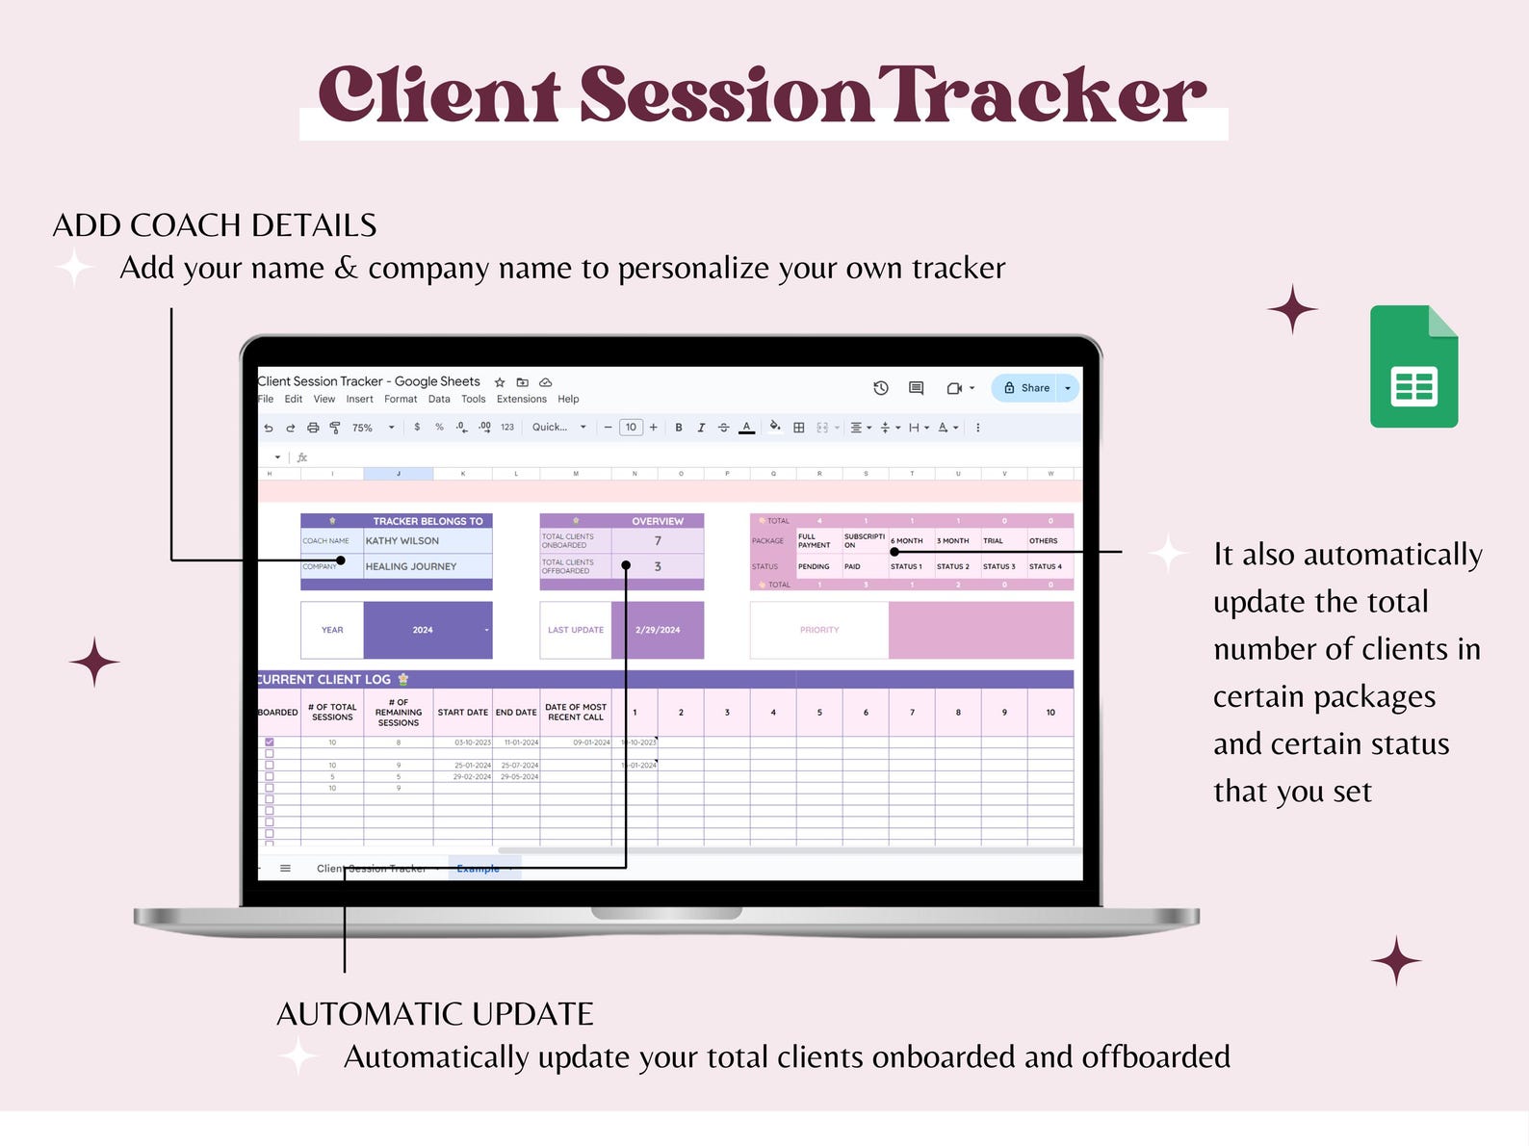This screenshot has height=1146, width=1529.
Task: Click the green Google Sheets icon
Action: [x=1413, y=367]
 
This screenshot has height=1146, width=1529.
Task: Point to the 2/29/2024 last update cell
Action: [x=658, y=630]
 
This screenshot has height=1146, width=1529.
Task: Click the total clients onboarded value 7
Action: [x=658, y=541]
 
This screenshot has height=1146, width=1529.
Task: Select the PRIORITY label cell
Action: [x=819, y=630]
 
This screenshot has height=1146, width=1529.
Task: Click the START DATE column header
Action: [x=462, y=713]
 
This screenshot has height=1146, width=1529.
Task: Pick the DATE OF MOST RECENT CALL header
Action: [x=575, y=713]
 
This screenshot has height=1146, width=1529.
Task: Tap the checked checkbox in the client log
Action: [x=270, y=742]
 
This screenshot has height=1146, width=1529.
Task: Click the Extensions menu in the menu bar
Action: [x=521, y=399]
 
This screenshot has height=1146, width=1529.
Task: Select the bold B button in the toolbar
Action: [x=679, y=428]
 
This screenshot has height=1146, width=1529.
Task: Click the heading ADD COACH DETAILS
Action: [x=215, y=225]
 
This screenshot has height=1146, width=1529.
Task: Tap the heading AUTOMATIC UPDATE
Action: [x=434, y=1014]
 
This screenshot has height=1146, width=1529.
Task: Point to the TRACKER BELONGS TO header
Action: [x=428, y=521]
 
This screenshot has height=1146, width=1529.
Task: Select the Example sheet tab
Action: [x=479, y=869]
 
